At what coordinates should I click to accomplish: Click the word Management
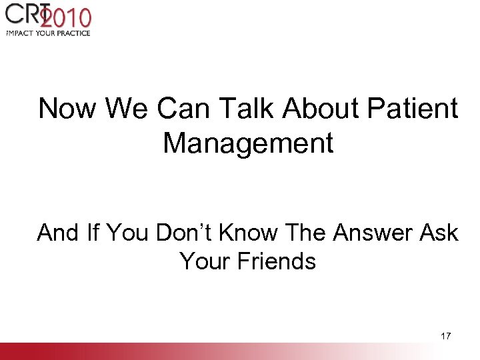(x=248, y=143)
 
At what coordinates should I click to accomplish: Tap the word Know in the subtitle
(x=251, y=233)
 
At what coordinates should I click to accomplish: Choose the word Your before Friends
(x=202, y=261)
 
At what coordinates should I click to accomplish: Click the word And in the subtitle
(x=58, y=233)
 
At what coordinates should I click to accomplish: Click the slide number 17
(x=446, y=336)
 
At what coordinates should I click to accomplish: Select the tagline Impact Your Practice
(x=47, y=32)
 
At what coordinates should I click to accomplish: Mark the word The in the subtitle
(x=311, y=233)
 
